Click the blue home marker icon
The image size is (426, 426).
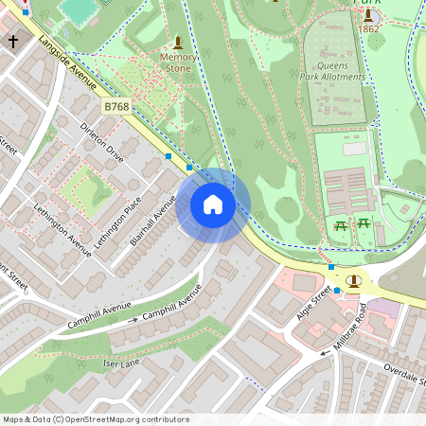pyautogui.click(x=213, y=204)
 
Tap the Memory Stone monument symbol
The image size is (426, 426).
pyautogui.click(x=178, y=43)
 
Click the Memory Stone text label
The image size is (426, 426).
pyautogui.click(x=179, y=62)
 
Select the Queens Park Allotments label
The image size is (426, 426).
pyautogui.click(x=339, y=72)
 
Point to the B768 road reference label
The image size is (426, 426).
pyautogui.click(x=117, y=107)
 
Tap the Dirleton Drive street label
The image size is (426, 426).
pyautogui.click(x=102, y=142)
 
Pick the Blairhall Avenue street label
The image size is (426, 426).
pyautogui.click(x=153, y=221)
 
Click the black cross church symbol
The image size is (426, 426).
pyautogui.click(x=13, y=42)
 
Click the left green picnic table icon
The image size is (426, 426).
pyautogui.click(x=342, y=224)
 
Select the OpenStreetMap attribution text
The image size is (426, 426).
pyautogui.click(x=96, y=419)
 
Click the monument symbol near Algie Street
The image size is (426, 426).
pyautogui.click(x=354, y=281)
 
